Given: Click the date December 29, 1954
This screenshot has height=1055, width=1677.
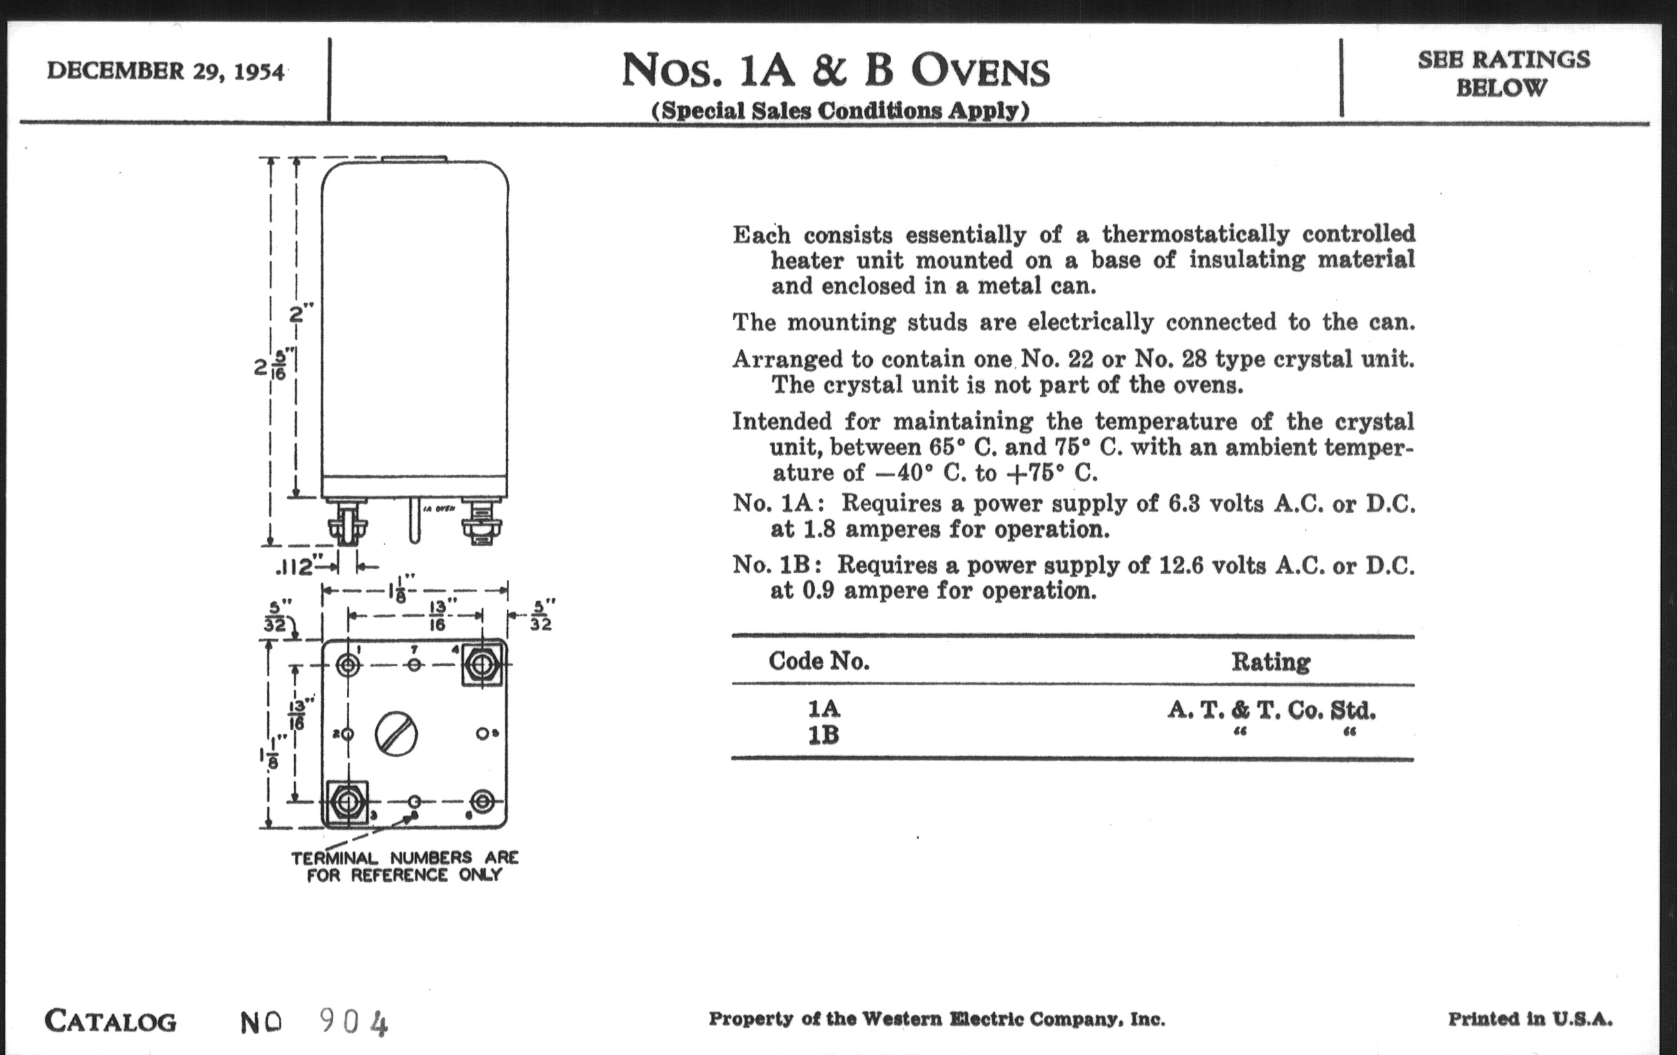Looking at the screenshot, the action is (165, 72).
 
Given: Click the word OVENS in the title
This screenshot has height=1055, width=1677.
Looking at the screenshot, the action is (981, 71).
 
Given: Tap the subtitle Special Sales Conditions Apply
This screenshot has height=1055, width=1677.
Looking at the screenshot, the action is (840, 111).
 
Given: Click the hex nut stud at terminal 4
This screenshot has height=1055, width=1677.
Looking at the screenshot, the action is (481, 664).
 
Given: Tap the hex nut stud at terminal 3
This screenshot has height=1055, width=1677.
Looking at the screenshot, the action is (346, 802).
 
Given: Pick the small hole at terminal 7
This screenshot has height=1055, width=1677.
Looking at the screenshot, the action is (414, 664).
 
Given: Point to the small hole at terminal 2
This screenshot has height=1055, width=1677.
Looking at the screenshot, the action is (348, 733).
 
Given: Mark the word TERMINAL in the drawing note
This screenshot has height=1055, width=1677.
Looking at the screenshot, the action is (334, 858).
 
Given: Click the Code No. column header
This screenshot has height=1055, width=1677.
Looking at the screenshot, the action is (819, 661).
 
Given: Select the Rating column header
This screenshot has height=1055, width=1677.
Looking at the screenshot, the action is (1271, 661).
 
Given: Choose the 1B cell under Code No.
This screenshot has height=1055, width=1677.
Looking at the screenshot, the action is (823, 735).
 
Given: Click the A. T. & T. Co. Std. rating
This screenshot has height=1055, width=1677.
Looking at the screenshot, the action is (1272, 710).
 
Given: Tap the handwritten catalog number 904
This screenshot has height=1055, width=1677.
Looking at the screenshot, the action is (353, 1023).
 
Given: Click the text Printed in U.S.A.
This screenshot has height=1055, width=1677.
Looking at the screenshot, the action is (1530, 1018).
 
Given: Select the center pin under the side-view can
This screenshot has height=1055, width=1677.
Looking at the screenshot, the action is (414, 520).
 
